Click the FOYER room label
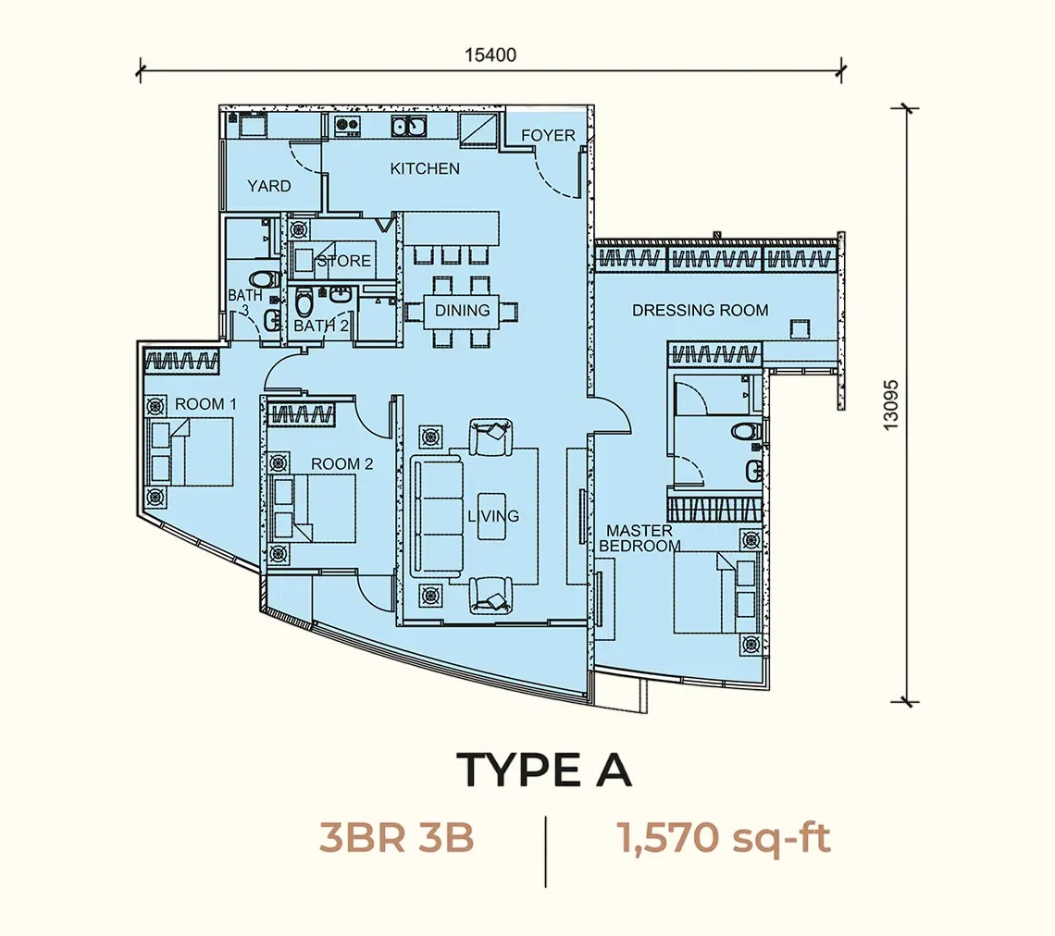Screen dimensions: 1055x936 coord(548,135)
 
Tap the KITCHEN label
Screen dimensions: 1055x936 coord(425,168)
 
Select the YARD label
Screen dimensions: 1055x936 coord(268,186)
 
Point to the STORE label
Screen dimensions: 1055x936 coord(344,261)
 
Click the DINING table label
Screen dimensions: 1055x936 coord(462,311)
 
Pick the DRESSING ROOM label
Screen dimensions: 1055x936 coord(700,311)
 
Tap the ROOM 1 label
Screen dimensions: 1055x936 coord(205,404)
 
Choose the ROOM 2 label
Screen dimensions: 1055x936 coord(341,464)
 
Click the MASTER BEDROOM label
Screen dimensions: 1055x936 coord(639,538)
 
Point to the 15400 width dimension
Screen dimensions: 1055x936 coord(490,55)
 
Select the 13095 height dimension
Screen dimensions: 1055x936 coord(891,405)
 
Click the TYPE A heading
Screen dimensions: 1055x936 coord(544,770)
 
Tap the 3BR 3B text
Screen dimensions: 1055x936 coord(397,838)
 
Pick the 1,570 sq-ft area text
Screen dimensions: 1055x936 coord(724,839)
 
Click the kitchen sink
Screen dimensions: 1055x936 coord(408,126)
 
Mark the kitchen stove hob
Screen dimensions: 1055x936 coord(347,124)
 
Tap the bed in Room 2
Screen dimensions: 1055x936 coord(312,509)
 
